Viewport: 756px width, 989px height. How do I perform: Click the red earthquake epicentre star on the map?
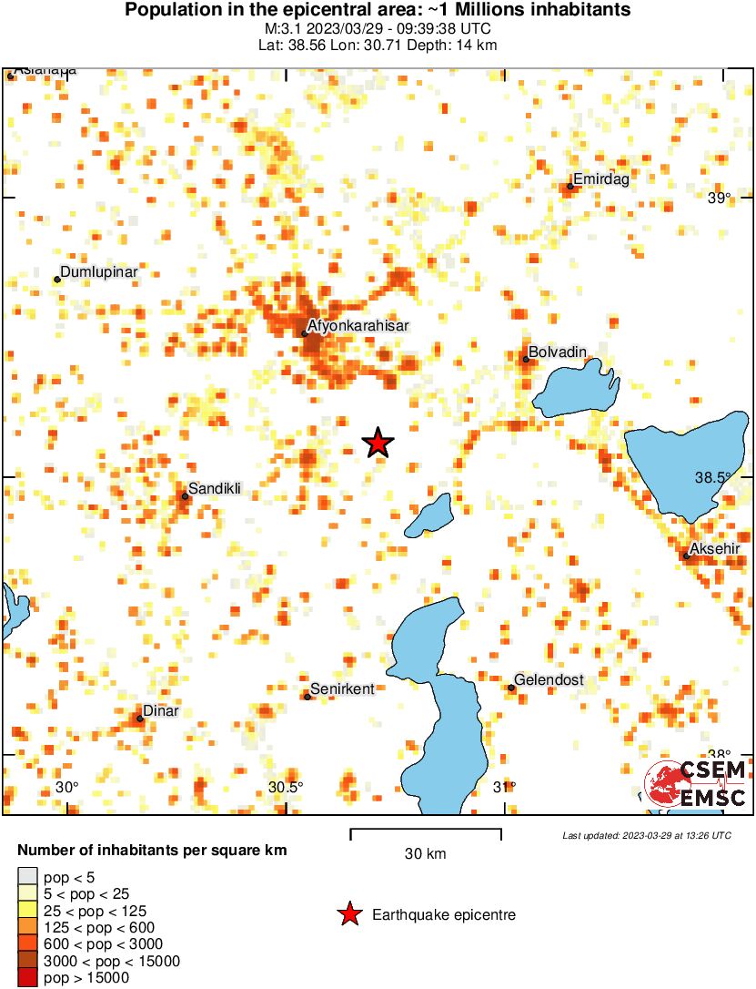378,443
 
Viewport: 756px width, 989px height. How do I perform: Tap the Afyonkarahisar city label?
358,325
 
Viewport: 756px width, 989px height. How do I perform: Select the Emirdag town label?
600,179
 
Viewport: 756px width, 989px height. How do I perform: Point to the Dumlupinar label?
98,272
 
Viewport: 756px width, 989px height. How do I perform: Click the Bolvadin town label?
557,352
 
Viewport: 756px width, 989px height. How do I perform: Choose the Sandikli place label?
215,489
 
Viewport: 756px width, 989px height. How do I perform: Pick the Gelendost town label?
549,680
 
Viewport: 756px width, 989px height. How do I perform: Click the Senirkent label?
342,689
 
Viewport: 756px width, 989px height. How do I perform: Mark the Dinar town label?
160,711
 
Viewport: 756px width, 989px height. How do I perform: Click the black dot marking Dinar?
140,719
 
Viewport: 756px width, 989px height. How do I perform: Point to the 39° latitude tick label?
720,199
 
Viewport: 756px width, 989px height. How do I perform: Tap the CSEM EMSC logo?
695,784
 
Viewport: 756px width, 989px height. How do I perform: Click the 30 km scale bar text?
425,854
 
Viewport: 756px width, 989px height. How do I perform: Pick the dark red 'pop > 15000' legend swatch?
28,978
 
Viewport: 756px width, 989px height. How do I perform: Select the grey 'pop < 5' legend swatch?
28,876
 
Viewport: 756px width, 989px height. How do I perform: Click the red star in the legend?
349,914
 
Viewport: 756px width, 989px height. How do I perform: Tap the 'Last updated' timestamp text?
646,835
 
